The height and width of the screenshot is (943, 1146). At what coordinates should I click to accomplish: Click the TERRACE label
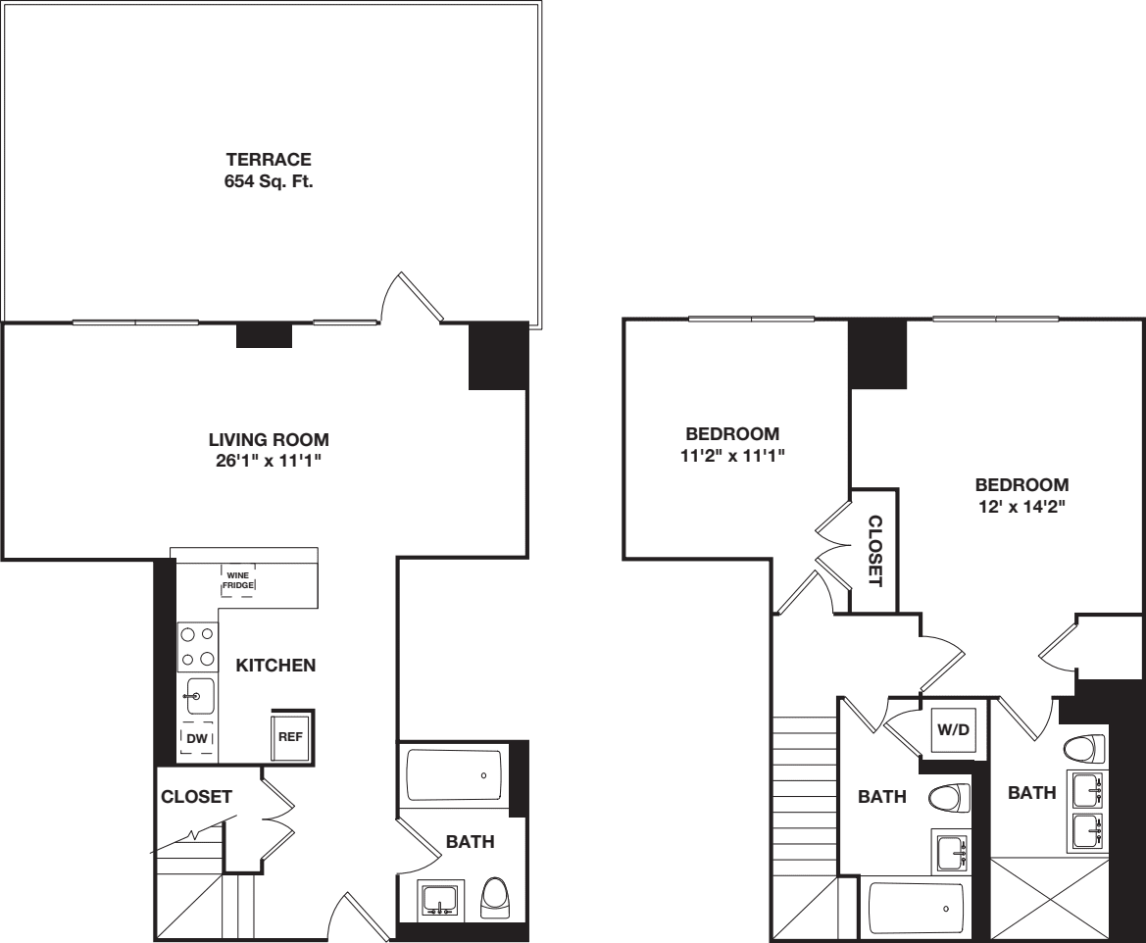[269, 159]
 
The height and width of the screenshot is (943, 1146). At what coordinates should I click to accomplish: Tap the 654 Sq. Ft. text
[269, 181]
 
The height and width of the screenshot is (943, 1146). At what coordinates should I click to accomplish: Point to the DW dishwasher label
[197, 737]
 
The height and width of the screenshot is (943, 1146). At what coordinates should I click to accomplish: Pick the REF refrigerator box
[290, 736]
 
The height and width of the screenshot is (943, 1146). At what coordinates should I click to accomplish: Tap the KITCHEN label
[275, 666]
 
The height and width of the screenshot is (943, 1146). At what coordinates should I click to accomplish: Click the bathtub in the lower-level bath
[453, 775]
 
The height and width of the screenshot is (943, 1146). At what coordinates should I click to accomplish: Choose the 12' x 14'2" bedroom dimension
[1021, 507]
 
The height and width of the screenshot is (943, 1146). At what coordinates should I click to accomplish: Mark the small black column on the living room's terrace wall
[265, 335]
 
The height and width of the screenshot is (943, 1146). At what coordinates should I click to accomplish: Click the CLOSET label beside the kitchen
[196, 797]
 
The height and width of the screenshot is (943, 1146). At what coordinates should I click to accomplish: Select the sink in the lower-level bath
[438, 898]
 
